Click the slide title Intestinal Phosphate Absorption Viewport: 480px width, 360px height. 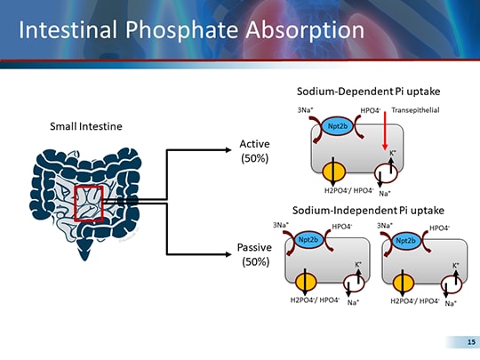(191, 30)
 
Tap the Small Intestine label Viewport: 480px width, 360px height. (85, 126)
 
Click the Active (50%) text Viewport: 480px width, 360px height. (255, 151)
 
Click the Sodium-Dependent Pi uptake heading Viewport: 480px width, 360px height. (367, 92)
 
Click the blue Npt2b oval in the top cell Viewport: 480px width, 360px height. (337, 126)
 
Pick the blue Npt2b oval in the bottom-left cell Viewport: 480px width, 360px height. (308, 240)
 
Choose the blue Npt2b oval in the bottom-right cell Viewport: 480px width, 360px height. (408, 240)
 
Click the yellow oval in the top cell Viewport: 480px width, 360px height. (332, 171)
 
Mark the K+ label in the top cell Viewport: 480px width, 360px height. (393, 152)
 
